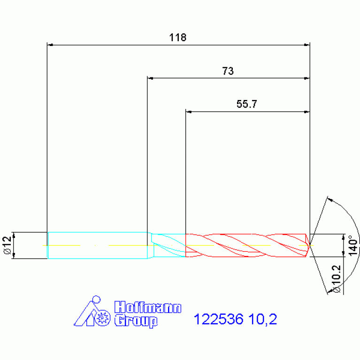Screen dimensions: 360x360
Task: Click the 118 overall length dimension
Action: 178,38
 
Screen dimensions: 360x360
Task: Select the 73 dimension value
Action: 228,71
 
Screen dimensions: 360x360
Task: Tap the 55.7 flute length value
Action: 247,104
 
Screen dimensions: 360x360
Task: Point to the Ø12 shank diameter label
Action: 8,245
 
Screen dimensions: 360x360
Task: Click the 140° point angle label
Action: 353,245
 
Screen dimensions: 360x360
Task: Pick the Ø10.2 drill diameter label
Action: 336,279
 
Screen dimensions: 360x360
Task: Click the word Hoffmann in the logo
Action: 148,307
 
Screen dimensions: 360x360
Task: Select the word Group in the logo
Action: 136,321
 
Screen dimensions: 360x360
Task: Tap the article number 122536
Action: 218,319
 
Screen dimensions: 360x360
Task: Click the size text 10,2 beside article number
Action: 263,319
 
